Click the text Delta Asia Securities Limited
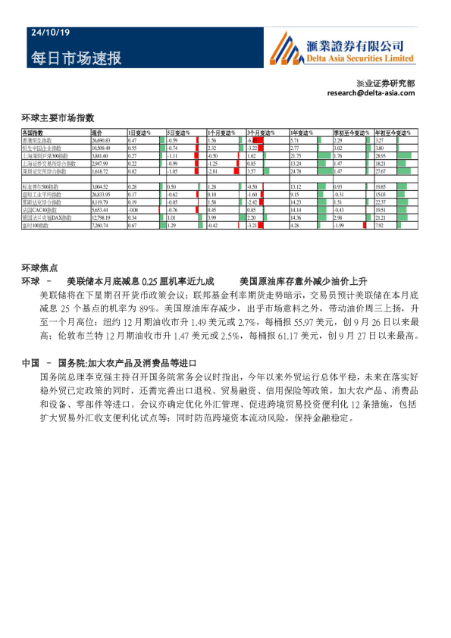[x=362, y=58]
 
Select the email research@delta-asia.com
[x=371, y=92]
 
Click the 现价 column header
[x=96, y=133]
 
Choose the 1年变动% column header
[x=301, y=133]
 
